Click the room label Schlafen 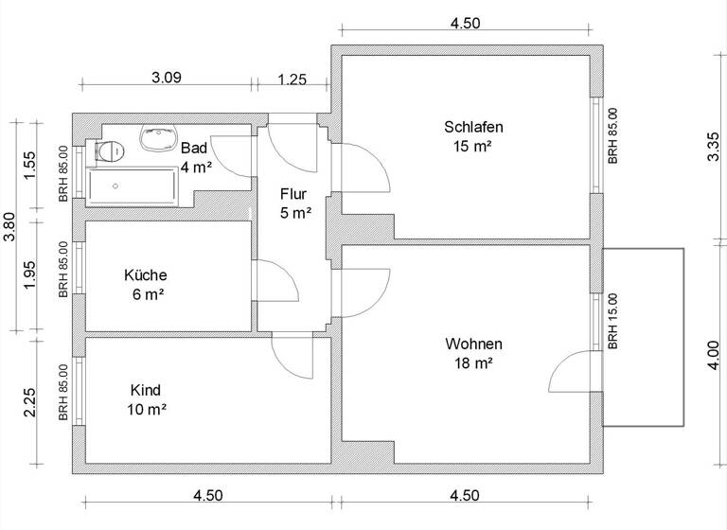pyautogui.click(x=472, y=127)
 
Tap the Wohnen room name pyautogui.click(x=473, y=344)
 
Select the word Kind pyautogui.click(x=145, y=390)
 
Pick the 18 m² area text pyautogui.click(x=473, y=362)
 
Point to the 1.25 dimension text pyautogui.click(x=292, y=80)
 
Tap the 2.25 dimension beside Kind pyautogui.click(x=30, y=403)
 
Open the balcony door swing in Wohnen pyautogui.click(x=574, y=372)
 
